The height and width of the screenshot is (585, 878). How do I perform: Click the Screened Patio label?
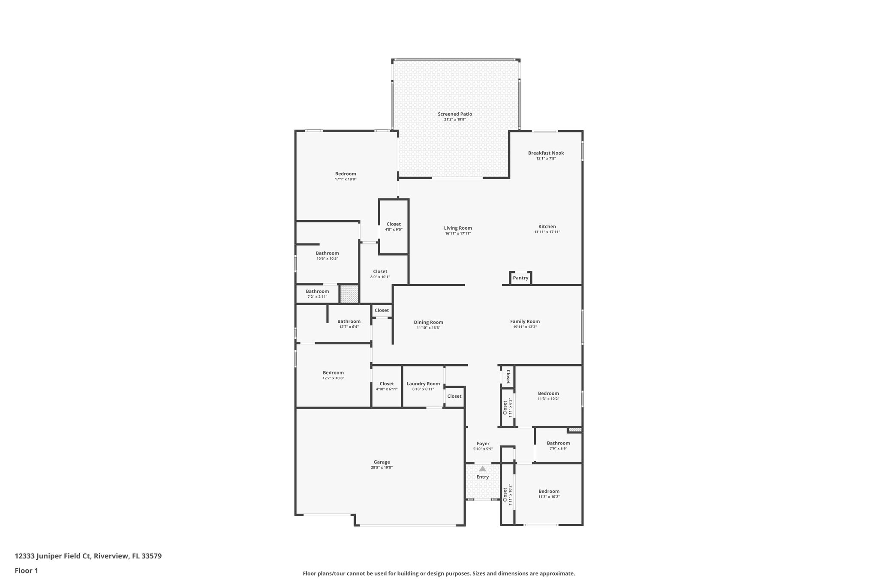click(x=455, y=114)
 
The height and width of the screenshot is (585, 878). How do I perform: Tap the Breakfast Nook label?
click(x=546, y=153)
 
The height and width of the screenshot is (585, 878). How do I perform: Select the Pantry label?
click(x=520, y=278)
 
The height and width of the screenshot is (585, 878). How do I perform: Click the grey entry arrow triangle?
click(x=483, y=469)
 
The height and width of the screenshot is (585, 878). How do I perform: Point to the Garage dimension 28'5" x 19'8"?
click(x=382, y=468)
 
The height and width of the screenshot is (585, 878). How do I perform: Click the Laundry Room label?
click(x=423, y=384)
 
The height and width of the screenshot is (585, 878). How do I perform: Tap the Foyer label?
click(x=483, y=444)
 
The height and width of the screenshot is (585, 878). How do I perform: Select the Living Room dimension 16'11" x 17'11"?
click(x=458, y=234)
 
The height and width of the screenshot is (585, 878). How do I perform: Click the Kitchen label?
click(x=547, y=227)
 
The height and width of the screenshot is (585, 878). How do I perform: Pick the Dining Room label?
click(x=428, y=322)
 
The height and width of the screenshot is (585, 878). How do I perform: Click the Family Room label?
click(x=525, y=321)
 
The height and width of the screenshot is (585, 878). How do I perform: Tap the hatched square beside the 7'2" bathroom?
click(x=349, y=294)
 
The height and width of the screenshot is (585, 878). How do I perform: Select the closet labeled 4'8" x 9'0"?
click(x=394, y=227)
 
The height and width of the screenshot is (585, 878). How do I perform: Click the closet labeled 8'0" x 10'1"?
click(x=380, y=274)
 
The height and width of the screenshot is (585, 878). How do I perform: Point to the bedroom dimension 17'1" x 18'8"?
click(x=346, y=179)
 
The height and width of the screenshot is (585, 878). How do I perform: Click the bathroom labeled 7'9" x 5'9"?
click(x=558, y=446)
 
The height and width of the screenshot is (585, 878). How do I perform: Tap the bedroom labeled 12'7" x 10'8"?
click(x=333, y=375)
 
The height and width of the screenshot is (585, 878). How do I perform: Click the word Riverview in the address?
click(x=111, y=556)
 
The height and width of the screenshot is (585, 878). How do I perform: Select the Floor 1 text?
click(x=27, y=570)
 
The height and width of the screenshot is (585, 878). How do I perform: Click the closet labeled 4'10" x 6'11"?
click(x=386, y=386)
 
